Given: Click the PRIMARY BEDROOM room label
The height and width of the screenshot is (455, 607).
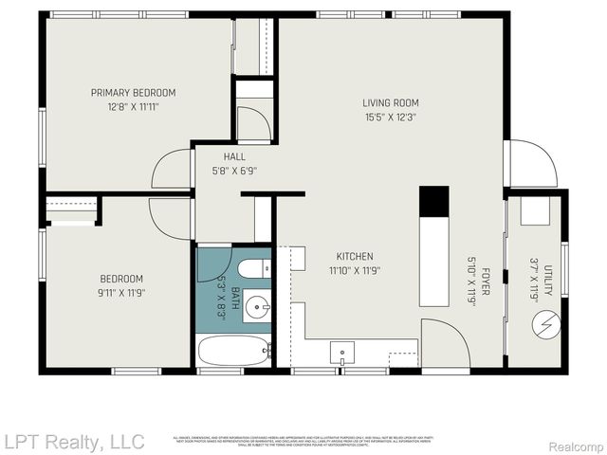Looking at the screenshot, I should tap(133, 92).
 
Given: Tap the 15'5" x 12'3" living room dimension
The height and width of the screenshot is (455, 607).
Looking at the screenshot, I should tap(390, 118).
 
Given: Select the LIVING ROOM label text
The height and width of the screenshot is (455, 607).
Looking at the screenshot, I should tap(390, 103).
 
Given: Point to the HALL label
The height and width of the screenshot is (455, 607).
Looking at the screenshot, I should tap(234, 157).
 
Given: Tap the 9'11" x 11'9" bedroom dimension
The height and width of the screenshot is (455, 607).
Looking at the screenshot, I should tap(121, 293).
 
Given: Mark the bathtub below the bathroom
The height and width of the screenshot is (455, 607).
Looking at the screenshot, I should tap(234, 352).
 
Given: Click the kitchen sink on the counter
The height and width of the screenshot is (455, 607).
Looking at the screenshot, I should tap(341, 353).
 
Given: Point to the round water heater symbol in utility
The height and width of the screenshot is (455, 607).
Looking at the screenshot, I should tap(545, 325).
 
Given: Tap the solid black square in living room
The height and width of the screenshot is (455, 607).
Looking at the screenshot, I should tap(433, 200).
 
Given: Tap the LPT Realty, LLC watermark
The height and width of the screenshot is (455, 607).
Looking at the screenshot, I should tap(73, 442).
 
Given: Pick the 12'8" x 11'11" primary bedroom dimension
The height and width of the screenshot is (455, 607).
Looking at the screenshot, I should tap(133, 107).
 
